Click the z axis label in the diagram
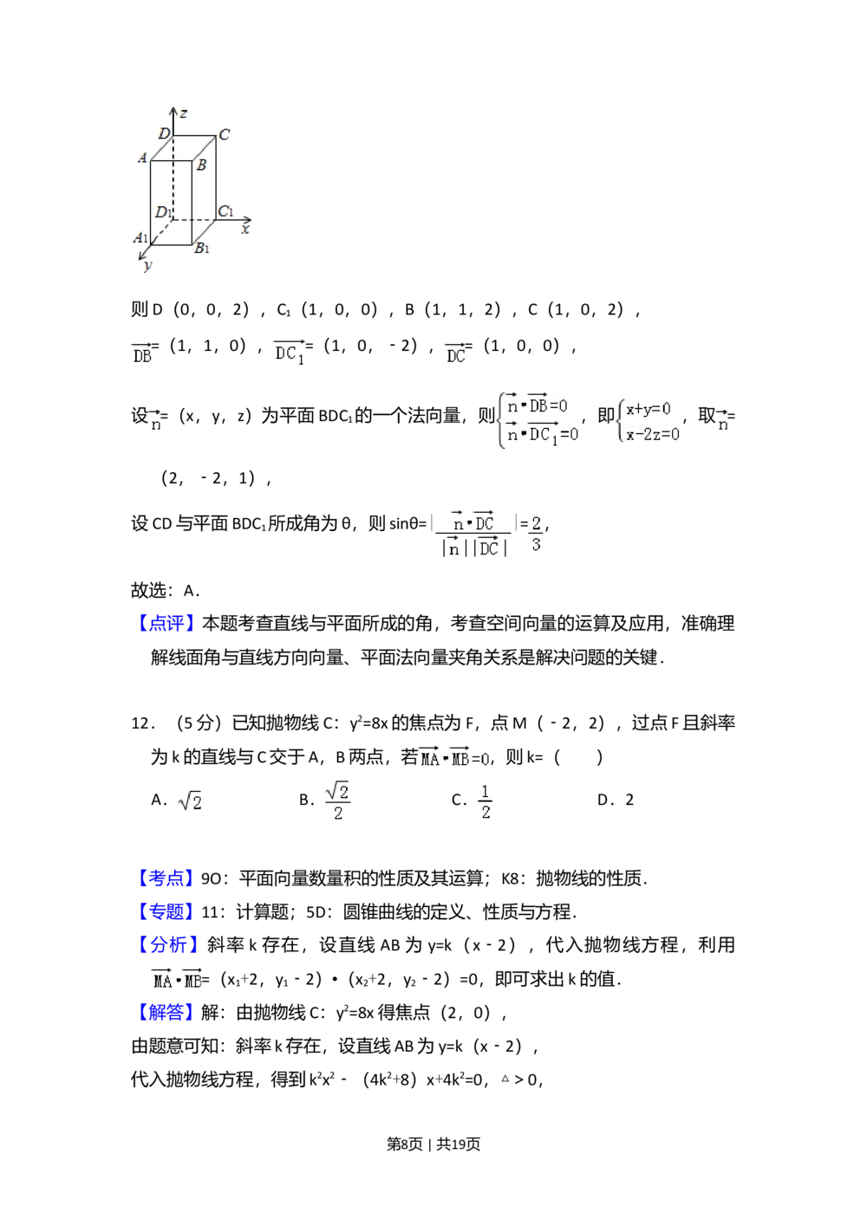184,113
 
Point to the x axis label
245,230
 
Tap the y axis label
147,266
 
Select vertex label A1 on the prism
140,237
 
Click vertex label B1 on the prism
202,249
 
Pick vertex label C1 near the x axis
225,211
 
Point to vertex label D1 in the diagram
163,212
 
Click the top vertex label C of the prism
224,134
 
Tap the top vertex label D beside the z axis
163,133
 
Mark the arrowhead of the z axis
173,110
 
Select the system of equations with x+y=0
648,420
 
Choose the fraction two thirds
537,533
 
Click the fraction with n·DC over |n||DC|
472,534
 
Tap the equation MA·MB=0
453,757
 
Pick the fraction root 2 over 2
336,800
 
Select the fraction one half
484,800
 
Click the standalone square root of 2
188,803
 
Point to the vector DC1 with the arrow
290,353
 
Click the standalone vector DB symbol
140,353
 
